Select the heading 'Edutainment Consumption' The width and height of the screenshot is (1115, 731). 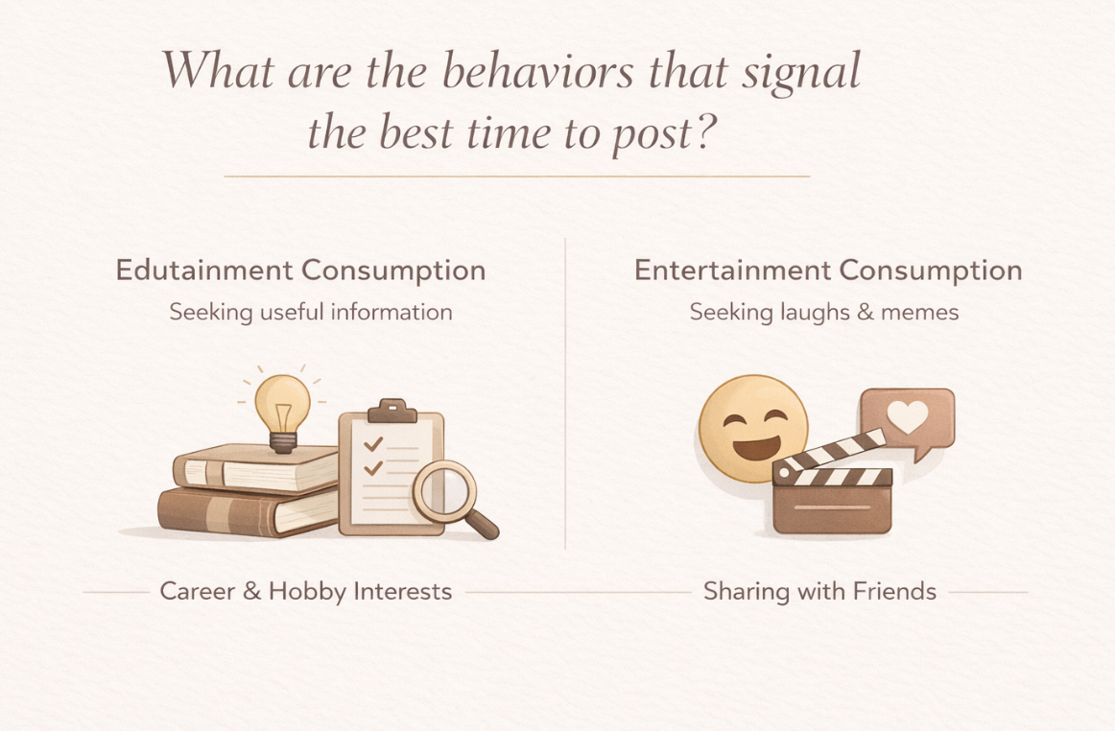pyautogui.click(x=300, y=271)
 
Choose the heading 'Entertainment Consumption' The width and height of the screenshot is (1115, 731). pyautogui.click(x=828, y=271)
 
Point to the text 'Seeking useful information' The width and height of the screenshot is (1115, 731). pyautogui.click(x=311, y=312)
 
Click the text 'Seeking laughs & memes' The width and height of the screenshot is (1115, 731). pyautogui.click(x=824, y=312)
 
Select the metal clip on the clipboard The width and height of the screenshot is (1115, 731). pyautogui.click(x=391, y=411)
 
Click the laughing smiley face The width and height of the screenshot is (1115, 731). pyautogui.click(x=750, y=427)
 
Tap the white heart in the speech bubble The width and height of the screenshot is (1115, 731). pyautogui.click(x=907, y=417)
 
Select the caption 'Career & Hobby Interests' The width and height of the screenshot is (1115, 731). pyautogui.click(x=306, y=591)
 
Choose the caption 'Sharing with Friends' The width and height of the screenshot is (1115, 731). pyautogui.click(x=819, y=591)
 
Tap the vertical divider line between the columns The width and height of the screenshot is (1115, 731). pyautogui.click(x=565, y=393)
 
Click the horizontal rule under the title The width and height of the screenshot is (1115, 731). pyautogui.click(x=516, y=177)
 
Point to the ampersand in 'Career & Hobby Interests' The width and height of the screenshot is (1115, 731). pyautogui.click(x=252, y=591)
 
